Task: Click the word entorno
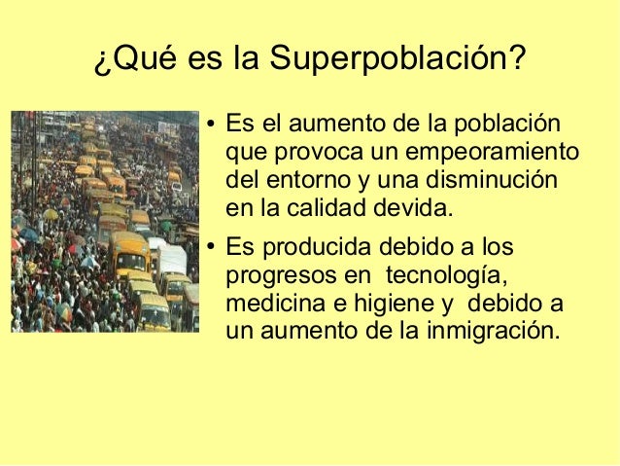pyautogui.click(x=299, y=181)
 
